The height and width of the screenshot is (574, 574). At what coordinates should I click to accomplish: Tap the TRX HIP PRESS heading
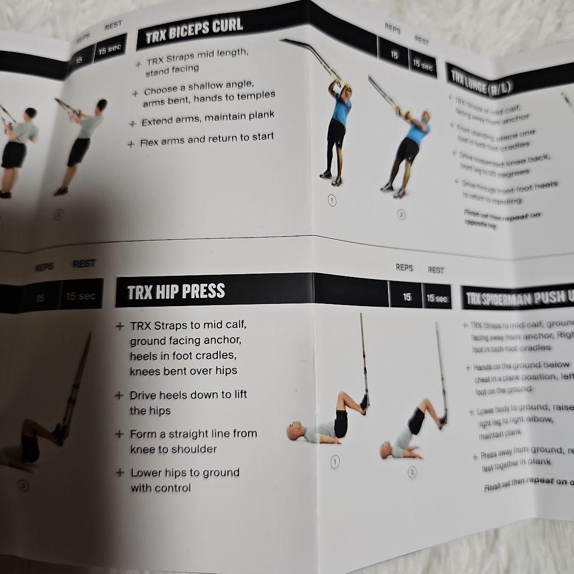click(176, 292)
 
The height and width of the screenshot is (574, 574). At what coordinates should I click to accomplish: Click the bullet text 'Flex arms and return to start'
click(207, 140)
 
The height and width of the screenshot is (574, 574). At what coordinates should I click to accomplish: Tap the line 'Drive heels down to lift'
click(188, 395)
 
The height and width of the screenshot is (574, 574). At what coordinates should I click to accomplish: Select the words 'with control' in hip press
click(161, 488)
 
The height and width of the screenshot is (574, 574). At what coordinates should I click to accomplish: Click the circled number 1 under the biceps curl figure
click(332, 201)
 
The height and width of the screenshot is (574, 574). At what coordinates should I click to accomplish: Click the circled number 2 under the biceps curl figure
click(401, 215)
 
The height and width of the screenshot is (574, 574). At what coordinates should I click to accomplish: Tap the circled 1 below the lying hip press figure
click(335, 462)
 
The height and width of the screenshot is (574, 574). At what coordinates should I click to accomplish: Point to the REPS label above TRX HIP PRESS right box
click(404, 267)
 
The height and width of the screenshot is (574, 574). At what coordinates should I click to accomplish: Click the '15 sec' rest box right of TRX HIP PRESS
click(436, 298)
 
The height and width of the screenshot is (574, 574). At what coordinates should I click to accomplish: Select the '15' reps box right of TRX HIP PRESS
click(407, 297)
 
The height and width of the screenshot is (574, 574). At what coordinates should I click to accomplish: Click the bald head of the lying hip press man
click(293, 431)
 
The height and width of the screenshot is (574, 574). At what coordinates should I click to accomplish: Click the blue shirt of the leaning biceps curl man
click(417, 133)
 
